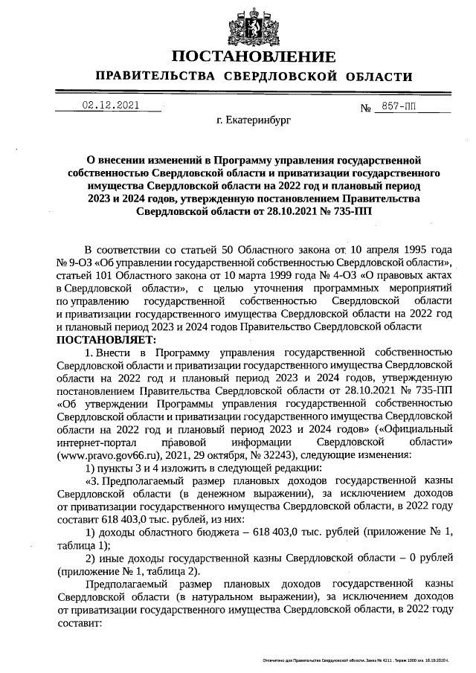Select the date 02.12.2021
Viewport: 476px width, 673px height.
point(109,106)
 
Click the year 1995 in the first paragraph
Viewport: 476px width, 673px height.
point(410,251)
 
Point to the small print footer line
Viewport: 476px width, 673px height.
point(356,660)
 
